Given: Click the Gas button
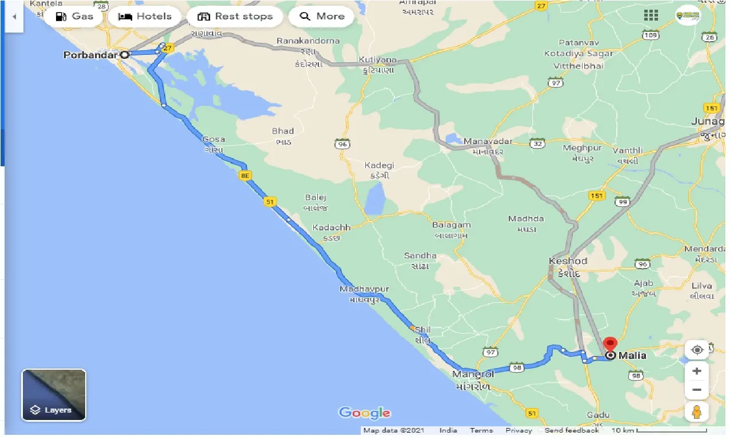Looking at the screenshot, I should click(75, 17).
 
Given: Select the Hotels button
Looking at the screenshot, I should click(145, 17).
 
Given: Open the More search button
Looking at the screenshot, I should click(322, 17).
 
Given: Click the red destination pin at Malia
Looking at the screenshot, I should click(610, 346).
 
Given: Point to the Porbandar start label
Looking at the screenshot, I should click(91, 55).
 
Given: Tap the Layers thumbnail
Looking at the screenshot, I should click(54, 395).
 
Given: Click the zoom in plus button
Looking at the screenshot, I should click(697, 371).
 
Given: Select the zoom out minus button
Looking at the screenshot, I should click(697, 390).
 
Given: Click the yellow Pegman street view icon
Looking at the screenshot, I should click(697, 411).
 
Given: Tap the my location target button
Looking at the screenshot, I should click(697, 350).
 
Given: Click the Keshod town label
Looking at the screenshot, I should click(568, 261).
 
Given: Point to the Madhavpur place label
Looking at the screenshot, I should click(364, 289).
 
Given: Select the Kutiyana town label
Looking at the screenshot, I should click(378, 59).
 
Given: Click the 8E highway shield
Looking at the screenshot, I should click(246, 176).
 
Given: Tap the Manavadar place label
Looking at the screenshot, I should click(488, 141).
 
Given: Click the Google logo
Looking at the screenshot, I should click(365, 413).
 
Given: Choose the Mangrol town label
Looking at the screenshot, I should click(473, 374).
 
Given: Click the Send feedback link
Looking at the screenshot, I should click(572, 430).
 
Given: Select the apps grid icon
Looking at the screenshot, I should click(651, 15).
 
